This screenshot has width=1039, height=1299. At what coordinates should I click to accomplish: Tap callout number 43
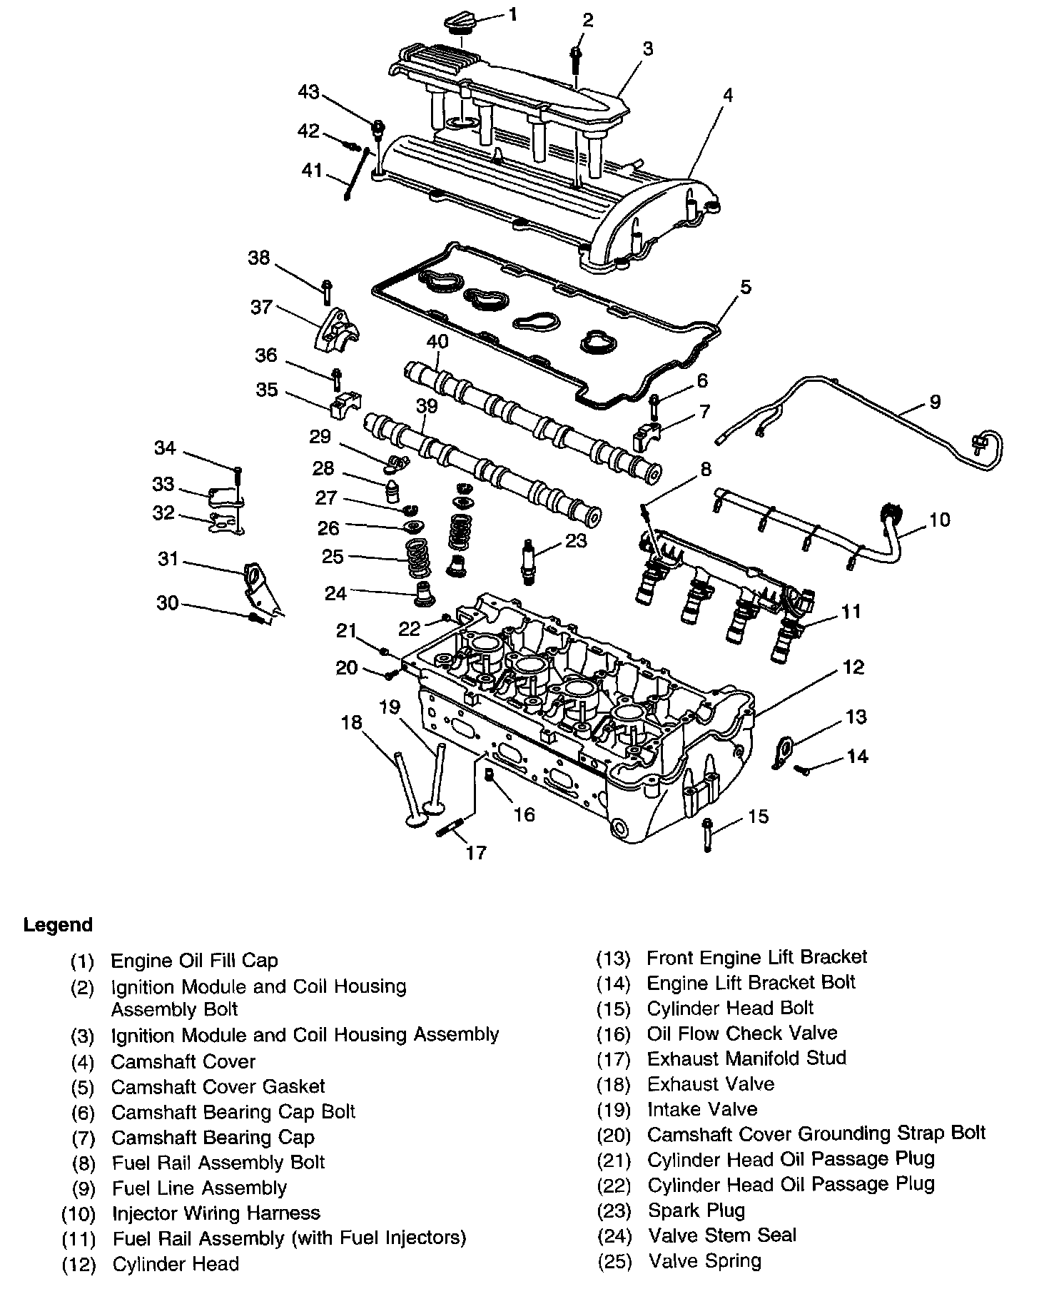pyautogui.click(x=309, y=92)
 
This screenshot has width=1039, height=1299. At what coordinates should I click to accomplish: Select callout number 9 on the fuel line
pyautogui.click(x=935, y=401)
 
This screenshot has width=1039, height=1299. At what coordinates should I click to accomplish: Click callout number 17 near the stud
pyautogui.click(x=476, y=851)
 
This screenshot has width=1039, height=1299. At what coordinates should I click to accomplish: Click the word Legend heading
pyautogui.click(x=58, y=925)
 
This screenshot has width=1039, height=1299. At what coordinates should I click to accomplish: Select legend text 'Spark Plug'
pyautogui.click(x=696, y=1210)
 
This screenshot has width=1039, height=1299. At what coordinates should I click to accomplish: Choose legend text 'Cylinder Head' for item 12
pyautogui.click(x=176, y=1263)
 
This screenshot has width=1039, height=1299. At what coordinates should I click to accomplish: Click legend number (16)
pyautogui.click(x=614, y=1034)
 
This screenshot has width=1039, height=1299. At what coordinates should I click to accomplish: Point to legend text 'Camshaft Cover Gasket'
pyautogui.click(x=218, y=1086)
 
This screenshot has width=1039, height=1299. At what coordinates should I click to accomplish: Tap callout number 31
pyautogui.click(x=168, y=559)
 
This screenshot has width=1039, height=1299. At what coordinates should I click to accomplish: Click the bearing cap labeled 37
pyautogui.click(x=336, y=330)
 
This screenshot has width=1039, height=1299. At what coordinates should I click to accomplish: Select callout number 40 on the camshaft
pyautogui.click(x=437, y=342)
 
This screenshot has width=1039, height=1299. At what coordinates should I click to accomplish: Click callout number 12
pyautogui.click(x=853, y=667)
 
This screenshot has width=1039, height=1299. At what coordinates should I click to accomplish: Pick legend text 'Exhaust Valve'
pyautogui.click(x=710, y=1083)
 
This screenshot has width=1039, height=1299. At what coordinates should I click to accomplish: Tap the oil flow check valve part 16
pyautogui.click(x=490, y=776)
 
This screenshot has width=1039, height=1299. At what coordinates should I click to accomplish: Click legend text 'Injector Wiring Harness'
pyautogui.click(x=216, y=1213)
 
